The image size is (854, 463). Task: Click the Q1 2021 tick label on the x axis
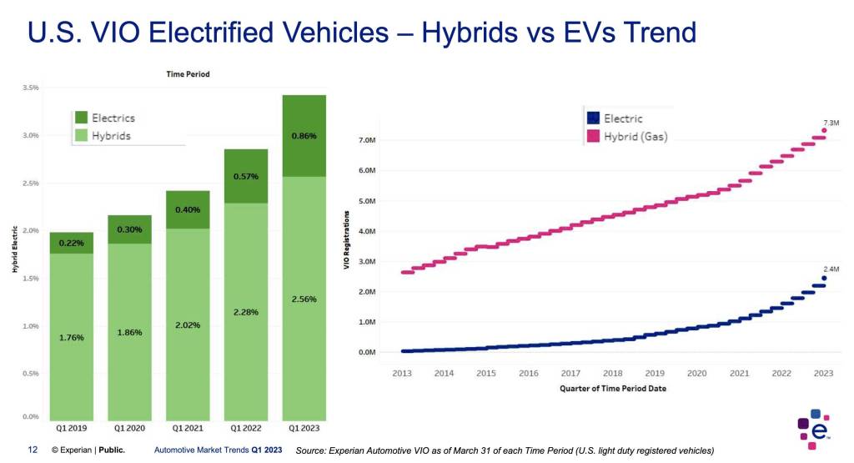click(187, 427)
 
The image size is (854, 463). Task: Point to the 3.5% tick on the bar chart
click(33, 88)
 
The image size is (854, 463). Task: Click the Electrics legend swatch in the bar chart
click(81, 118)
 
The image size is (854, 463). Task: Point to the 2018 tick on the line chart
click(613, 373)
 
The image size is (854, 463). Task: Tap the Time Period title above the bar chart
click(187, 74)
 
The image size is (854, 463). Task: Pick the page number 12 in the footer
click(33, 450)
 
